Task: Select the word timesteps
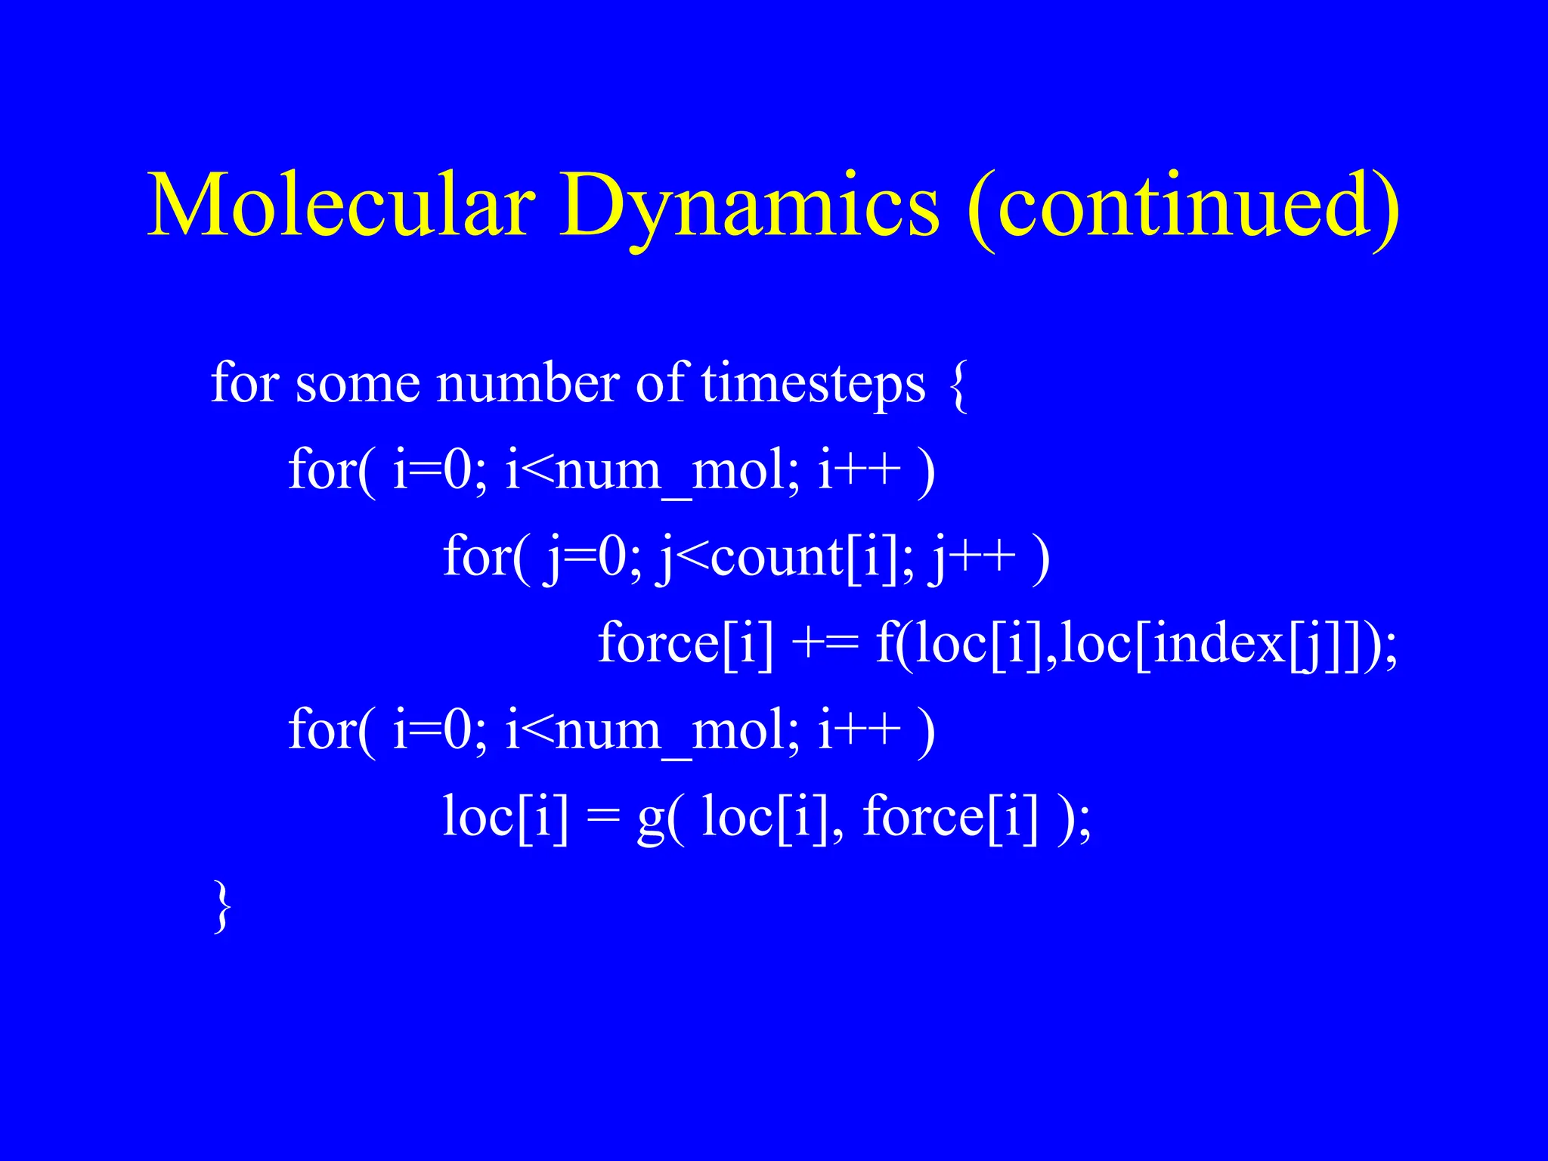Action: (x=813, y=384)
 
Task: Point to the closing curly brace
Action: (x=221, y=906)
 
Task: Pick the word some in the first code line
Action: (x=356, y=384)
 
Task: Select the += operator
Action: (x=825, y=644)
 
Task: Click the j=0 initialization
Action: (x=585, y=558)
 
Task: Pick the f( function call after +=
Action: (x=892, y=644)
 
